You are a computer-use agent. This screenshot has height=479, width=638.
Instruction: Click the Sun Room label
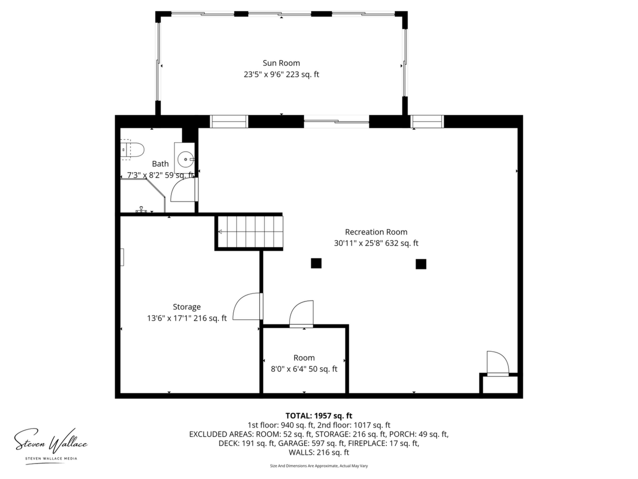coord(281,63)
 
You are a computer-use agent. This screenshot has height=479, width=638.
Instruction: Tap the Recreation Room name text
coord(376,232)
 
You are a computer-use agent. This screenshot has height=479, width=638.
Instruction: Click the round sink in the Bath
coord(185,159)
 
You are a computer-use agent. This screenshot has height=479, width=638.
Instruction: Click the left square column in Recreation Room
coord(316,263)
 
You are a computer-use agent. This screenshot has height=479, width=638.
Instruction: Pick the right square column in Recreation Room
coord(421,264)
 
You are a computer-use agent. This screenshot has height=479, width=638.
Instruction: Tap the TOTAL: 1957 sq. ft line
coord(319,416)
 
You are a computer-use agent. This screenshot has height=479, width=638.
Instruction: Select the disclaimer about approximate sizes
coord(319,466)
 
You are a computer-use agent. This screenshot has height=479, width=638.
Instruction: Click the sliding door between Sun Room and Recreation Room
coord(336,122)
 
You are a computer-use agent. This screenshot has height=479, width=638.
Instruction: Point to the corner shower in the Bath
coord(143,196)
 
